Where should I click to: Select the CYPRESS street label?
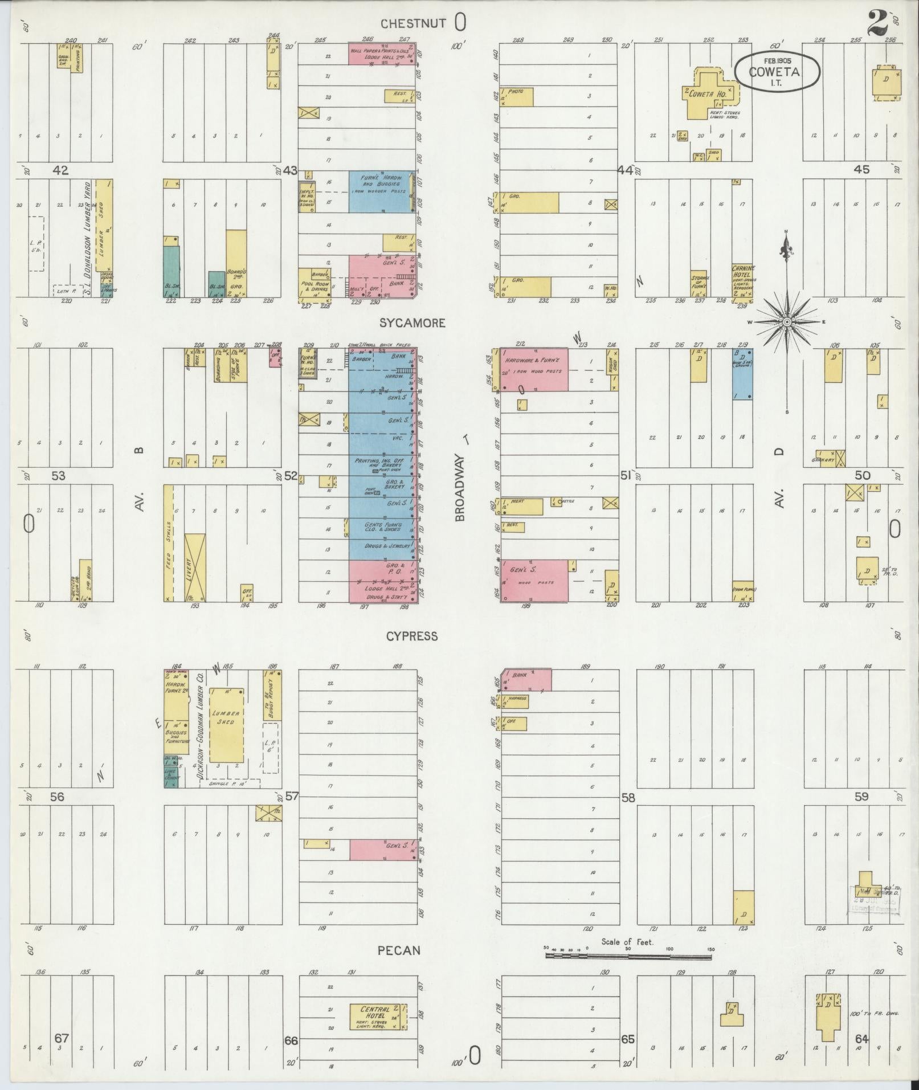pyautogui.click(x=412, y=636)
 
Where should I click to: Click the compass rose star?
pyautogui.click(x=787, y=322)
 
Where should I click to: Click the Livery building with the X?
pyautogui.click(x=195, y=567)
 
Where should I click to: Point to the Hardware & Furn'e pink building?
pyautogui.click(x=534, y=370)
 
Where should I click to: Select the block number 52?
pyautogui.click(x=291, y=475)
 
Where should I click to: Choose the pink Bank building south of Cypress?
pyautogui.click(x=527, y=680)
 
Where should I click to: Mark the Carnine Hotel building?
pyautogui.click(x=743, y=280)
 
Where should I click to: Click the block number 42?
pyautogui.click(x=60, y=170)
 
